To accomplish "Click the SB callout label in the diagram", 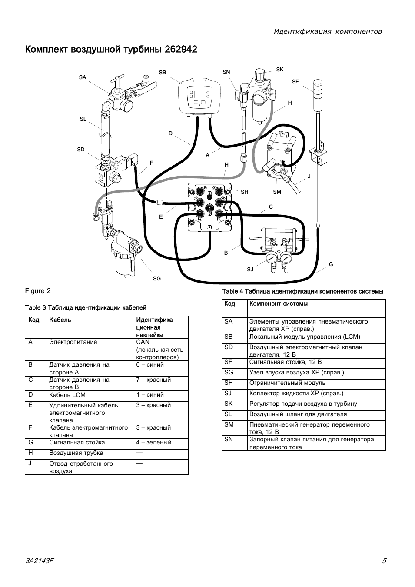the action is click(x=163, y=73).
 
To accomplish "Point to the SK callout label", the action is click(x=279, y=70).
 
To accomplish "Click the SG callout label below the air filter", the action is click(x=157, y=279).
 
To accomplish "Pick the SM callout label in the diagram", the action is click(x=277, y=192).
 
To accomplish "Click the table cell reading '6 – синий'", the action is click(x=150, y=364).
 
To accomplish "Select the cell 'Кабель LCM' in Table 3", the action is click(x=67, y=395).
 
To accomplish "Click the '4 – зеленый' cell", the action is click(x=154, y=442).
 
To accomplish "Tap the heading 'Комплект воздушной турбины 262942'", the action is click(x=111, y=49).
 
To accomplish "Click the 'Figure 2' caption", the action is click(x=38, y=291).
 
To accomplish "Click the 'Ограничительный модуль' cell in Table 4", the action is click(x=287, y=383).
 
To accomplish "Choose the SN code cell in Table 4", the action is click(x=228, y=439).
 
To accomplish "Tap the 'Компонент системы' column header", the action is click(x=278, y=304).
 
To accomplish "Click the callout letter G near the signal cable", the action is click(x=331, y=264).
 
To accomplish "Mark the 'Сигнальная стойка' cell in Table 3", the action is click(x=77, y=442).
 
